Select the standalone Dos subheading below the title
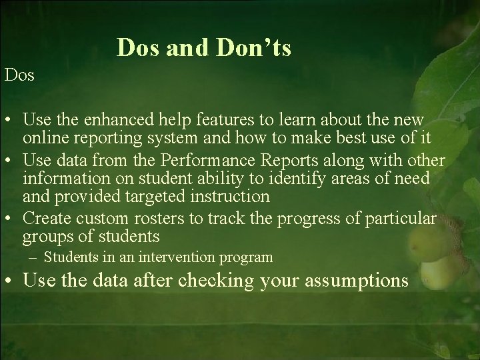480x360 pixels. (x=19, y=75)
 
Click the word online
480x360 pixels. (x=43, y=138)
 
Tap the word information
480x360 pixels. (x=62, y=179)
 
